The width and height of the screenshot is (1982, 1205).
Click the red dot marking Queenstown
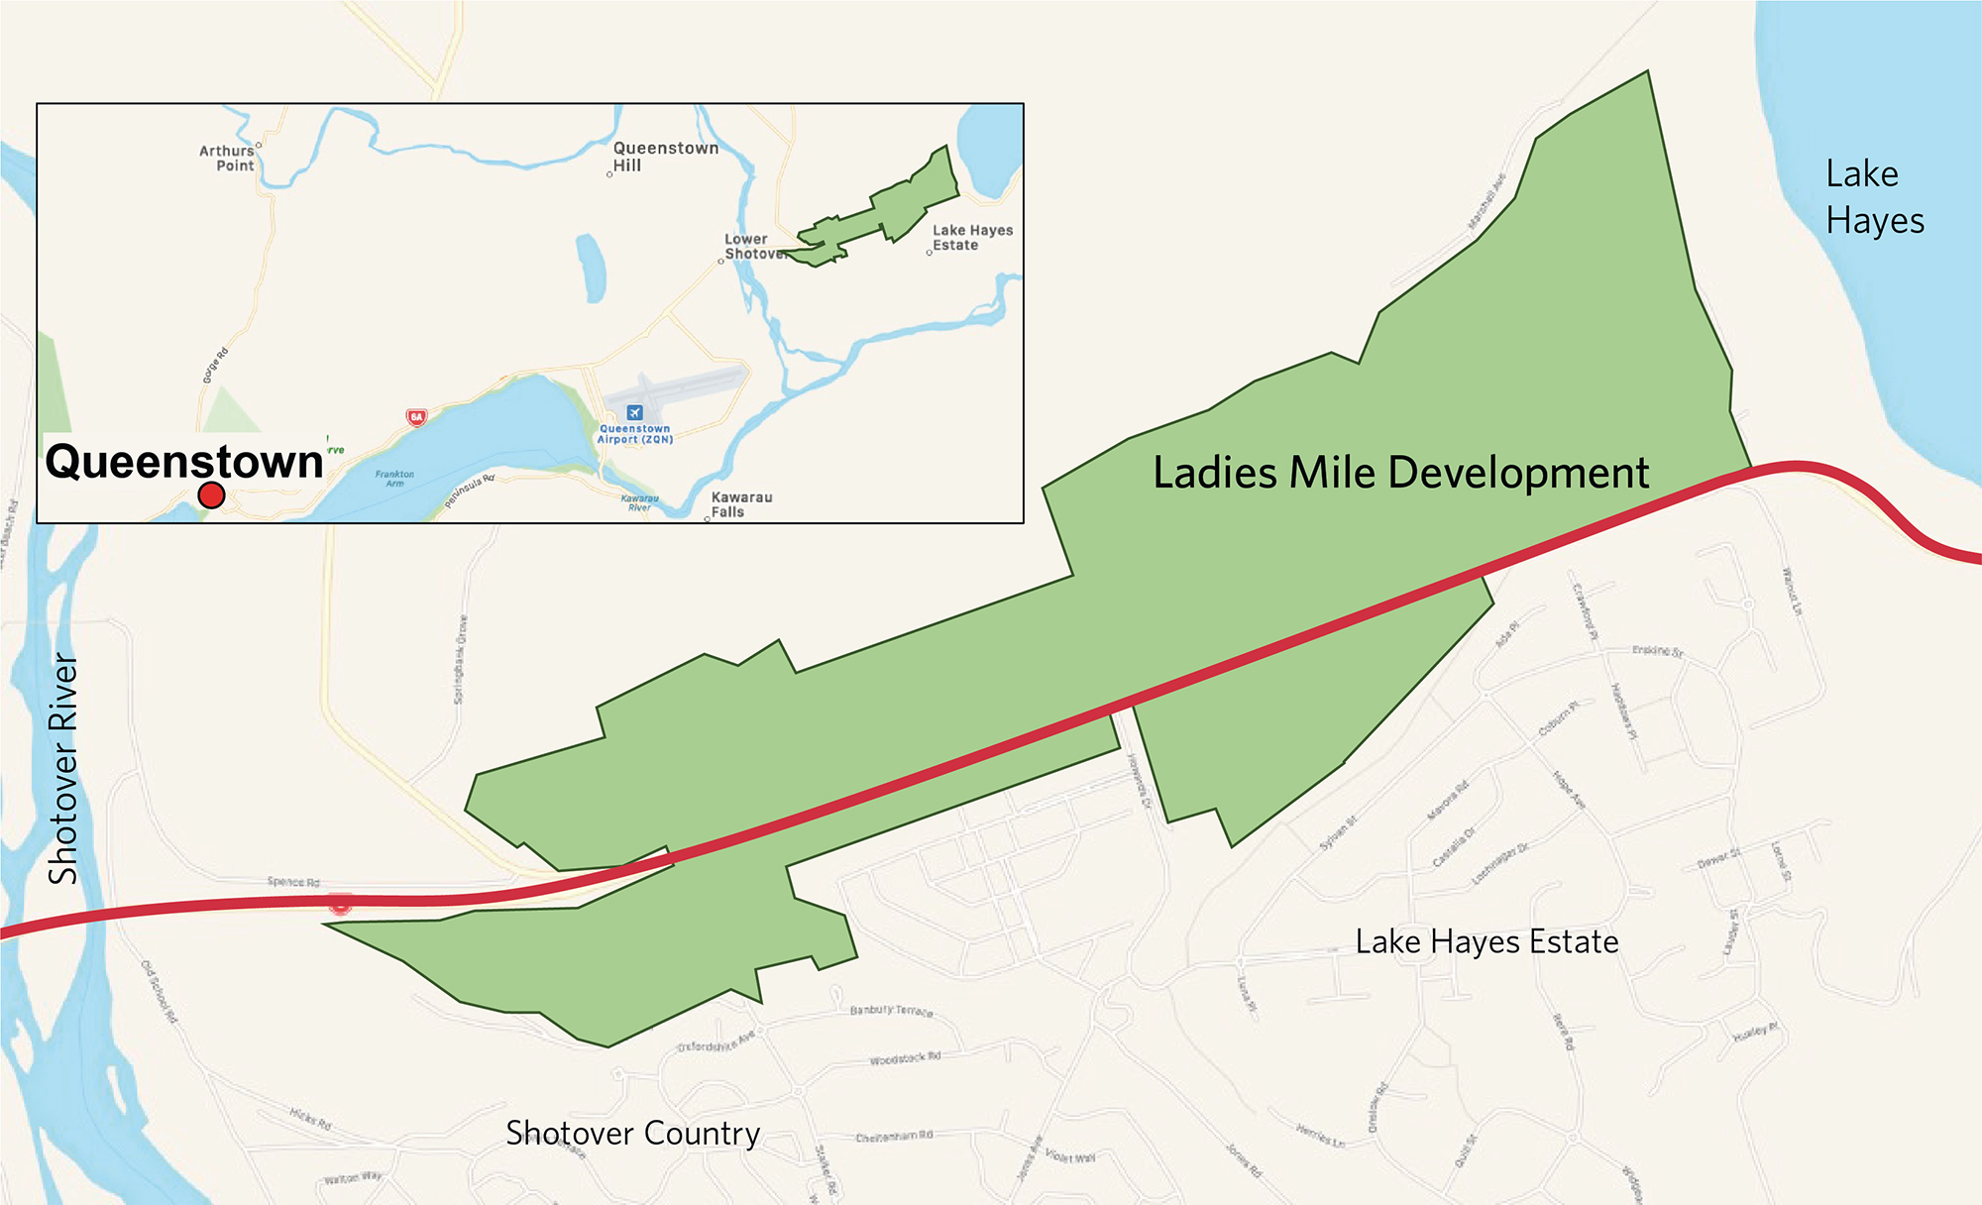point(211,494)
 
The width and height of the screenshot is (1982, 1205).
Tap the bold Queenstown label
point(184,462)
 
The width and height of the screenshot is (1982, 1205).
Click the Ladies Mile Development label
point(1400,473)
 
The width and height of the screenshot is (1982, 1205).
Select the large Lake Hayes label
point(1874,197)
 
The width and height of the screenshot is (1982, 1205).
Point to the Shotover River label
point(64,768)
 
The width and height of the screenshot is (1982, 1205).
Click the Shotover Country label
point(632,1133)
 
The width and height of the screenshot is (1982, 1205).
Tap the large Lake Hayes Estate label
point(1486,941)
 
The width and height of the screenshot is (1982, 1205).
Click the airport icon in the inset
point(635,412)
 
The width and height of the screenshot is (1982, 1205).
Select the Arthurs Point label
point(227,159)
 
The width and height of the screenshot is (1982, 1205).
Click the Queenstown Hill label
point(664,157)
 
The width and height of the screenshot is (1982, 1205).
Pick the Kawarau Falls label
point(740,504)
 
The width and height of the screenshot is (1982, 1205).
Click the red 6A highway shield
point(416,417)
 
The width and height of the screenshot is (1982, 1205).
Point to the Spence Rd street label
point(293,881)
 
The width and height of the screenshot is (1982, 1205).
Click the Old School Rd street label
point(159,992)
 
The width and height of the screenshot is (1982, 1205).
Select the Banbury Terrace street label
point(891,1011)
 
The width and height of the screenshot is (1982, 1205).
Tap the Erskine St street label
point(1657,651)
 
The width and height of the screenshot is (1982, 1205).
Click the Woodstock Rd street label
point(905,1058)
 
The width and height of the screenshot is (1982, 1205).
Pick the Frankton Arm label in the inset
point(394,479)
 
